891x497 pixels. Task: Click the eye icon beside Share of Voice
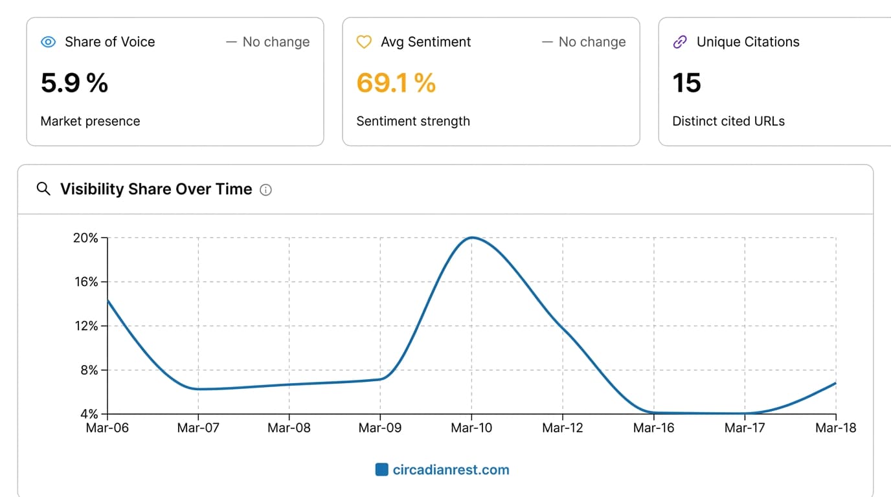click(x=49, y=42)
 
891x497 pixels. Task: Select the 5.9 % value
click(x=74, y=83)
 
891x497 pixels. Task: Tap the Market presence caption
click(x=90, y=121)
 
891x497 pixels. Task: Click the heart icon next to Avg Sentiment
click(x=365, y=42)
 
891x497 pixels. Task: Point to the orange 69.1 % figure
click(x=396, y=83)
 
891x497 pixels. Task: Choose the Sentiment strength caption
click(x=413, y=121)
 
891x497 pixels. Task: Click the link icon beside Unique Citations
click(x=680, y=42)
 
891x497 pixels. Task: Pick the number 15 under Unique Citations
click(x=686, y=83)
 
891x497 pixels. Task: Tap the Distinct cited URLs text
click(x=728, y=121)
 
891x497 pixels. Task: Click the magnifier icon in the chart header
click(x=43, y=189)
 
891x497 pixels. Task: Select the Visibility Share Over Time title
click(x=156, y=189)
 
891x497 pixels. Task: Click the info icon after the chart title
click(x=265, y=190)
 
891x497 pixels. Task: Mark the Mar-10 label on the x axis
click(x=471, y=428)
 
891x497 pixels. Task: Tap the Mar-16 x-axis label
click(x=654, y=428)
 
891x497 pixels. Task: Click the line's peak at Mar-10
click(x=471, y=237)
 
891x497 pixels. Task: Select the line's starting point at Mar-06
click(x=107, y=300)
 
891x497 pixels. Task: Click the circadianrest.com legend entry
click(x=443, y=470)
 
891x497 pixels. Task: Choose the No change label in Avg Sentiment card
click(x=584, y=42)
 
